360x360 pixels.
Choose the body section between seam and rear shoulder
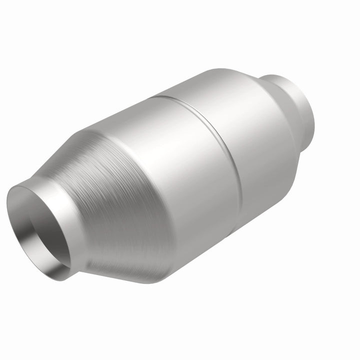[250, 135]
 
